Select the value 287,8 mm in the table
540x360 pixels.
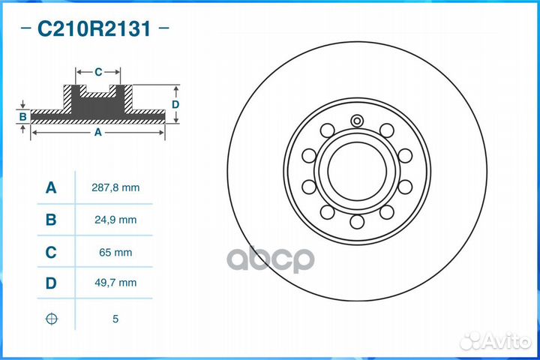(115, 187)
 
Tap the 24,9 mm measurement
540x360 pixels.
(115, 220)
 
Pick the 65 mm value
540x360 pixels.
(115, 253)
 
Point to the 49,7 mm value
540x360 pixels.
(115, 283)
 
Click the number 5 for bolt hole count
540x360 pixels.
(115, 319)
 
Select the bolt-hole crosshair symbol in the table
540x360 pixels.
(51, 319)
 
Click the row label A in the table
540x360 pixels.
(51, 187)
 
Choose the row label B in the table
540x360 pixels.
(51, 220)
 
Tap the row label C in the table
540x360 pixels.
(51, 253)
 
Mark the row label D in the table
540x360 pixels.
(51, 283)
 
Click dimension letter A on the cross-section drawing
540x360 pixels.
(97, 132)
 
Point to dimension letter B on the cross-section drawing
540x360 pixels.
(23, 116)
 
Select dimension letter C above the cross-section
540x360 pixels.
(98, 72)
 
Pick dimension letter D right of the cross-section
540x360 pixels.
(175, 104)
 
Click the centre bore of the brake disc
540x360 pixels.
(356, 170)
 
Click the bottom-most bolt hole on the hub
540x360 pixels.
(357, 222)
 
